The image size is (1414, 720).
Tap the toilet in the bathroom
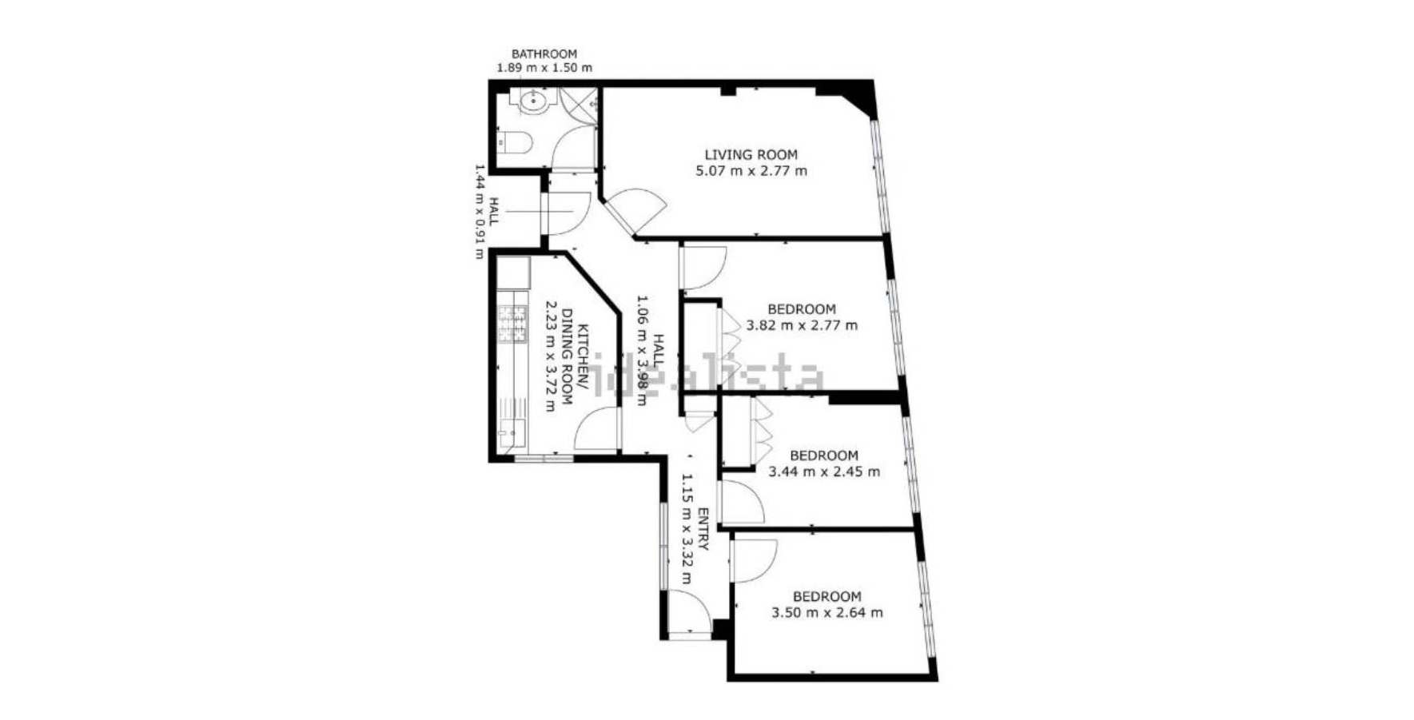click(x=515, y=142)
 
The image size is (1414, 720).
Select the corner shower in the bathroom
click(x=578, y=105)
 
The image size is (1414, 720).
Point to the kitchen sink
click(x=512, y=435)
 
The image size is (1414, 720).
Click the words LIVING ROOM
click(x=751, y=154)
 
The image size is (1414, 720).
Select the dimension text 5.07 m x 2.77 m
click(x=751, y=170)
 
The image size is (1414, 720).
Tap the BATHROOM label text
click(x=544, y=54)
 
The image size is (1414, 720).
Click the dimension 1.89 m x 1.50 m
click(x=544, y=67)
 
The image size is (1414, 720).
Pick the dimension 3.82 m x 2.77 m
click(x=802, y=325)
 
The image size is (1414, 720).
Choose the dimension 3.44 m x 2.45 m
click(x=824, y=471)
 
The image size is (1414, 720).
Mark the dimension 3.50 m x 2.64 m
click(x=827, y=613)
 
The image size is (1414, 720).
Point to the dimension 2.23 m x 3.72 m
click(x=550, y=356)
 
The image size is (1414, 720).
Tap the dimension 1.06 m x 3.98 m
click(x=641, y=350)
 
